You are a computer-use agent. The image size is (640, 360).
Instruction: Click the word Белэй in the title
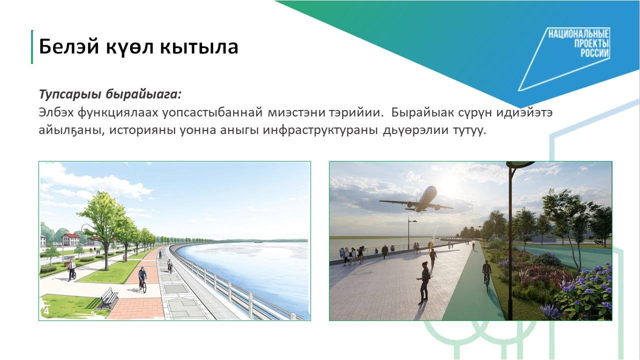point(69,46)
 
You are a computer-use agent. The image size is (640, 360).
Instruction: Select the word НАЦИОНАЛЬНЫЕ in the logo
point(578,33)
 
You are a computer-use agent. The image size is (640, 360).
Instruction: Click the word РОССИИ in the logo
point(594,53)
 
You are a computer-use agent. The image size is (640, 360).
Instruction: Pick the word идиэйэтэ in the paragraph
point(524,112)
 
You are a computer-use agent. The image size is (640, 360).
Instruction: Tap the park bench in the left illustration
point(108,298)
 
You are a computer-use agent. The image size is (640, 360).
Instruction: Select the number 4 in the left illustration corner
point(46,311)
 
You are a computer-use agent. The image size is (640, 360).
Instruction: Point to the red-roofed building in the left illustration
point(71,239)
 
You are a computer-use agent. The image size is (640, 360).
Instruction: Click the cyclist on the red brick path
point(142,279)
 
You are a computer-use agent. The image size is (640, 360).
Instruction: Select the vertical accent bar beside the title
point(32,47)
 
